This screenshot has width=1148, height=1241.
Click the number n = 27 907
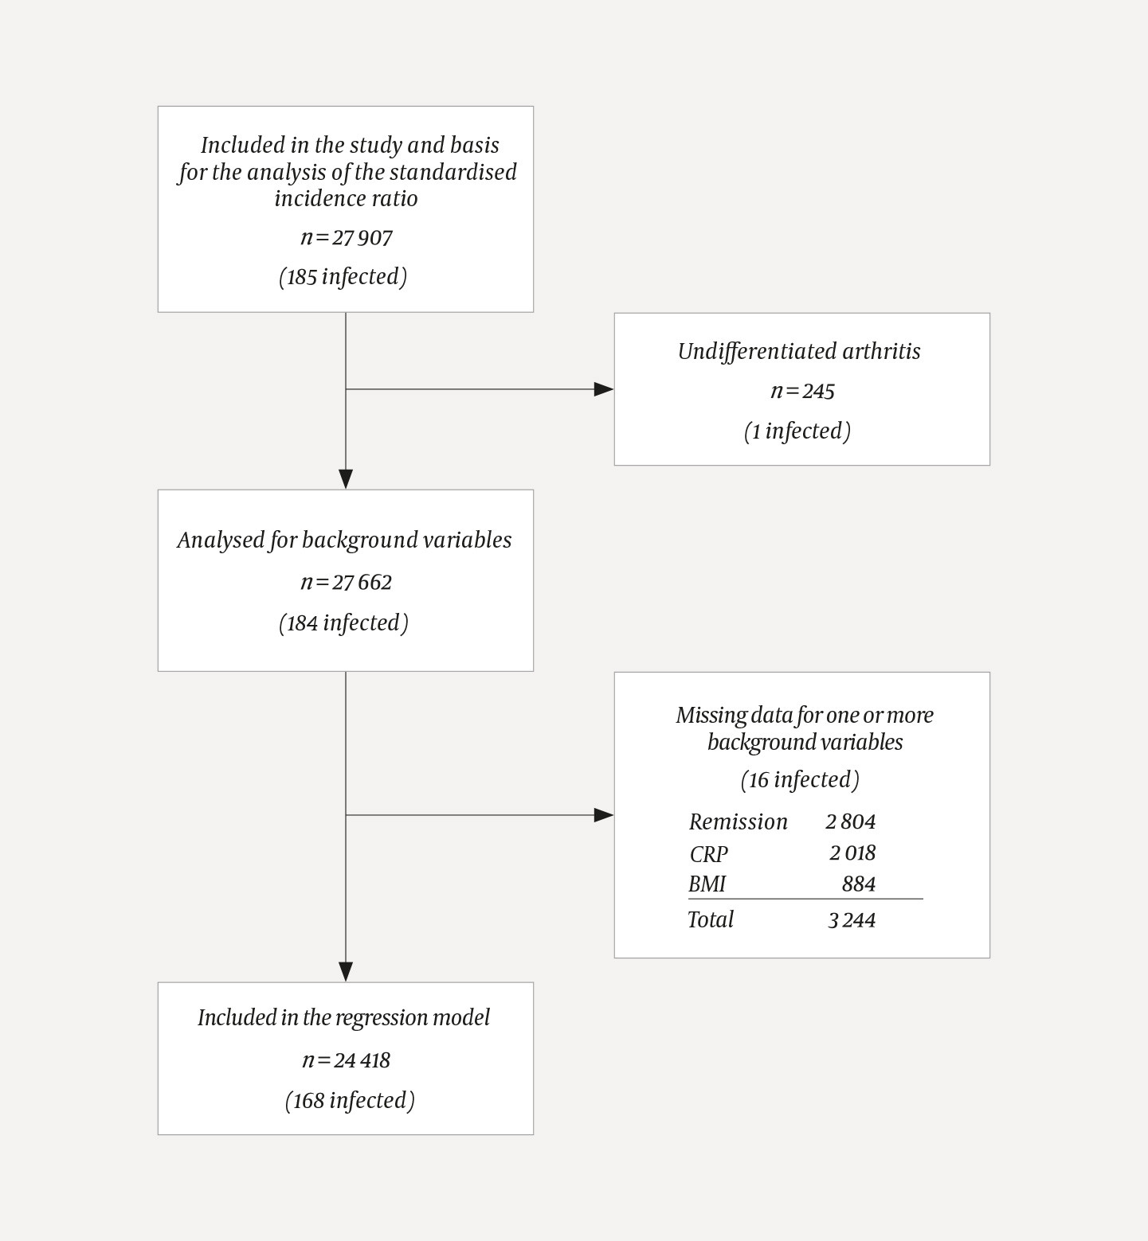tap(347, 238)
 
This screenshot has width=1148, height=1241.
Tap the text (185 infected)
tap(343, 277)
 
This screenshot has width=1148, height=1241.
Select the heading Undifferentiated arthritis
tap(799, 352)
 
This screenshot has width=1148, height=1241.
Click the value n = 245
tap(802, 391)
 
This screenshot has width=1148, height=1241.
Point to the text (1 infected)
tap(797, 431)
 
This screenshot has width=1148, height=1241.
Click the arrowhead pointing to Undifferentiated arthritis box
tap(604, 389)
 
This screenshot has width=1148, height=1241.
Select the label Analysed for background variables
tap(344, 540)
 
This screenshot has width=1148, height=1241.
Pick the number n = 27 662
tap(347, 583)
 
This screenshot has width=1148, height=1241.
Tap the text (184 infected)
tap(344, 623)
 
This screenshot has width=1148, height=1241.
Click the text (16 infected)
tap(800, 780)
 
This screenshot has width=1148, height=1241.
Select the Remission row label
tap(738, 822)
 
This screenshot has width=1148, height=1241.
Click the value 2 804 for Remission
tap(850, 822)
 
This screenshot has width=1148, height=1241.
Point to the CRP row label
tap(708, 854)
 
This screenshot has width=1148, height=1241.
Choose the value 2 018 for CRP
tap(852, 853)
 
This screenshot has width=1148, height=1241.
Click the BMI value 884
tap(858, 884)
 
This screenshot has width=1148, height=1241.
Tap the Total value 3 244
tap(852, 920)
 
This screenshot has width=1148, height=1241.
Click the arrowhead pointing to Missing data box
tap(604, 815)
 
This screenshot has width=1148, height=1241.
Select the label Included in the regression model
tap(343, 1018)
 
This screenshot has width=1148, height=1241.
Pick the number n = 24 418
tap(347, 1060)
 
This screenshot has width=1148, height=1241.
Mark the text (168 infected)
tap(350, 1101)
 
